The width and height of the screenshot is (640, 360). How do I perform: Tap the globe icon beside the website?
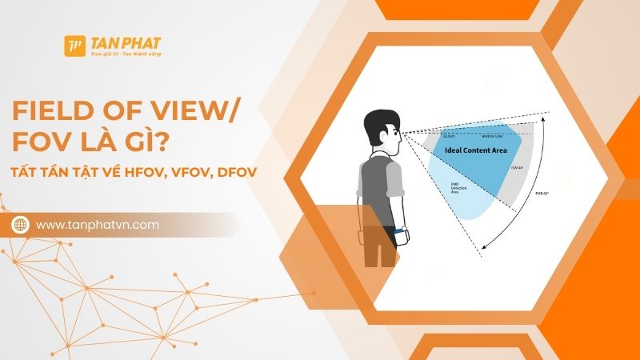point(20,226)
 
